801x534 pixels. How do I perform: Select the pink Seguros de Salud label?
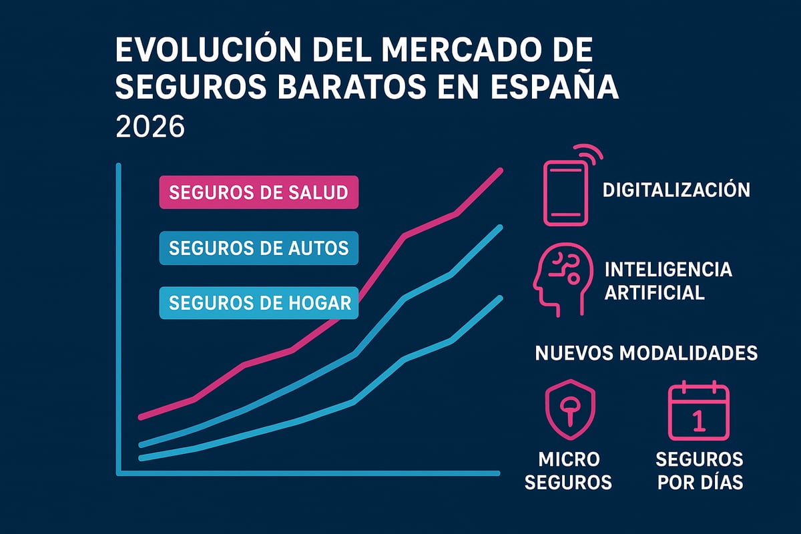(x=258, y=193)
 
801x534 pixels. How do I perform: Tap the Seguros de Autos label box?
(x=258, y=248)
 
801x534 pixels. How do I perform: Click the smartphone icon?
(x=567, y=192)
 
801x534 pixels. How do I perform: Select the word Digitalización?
(x=676, y=190)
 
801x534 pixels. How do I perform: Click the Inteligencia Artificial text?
(x=667, y=281)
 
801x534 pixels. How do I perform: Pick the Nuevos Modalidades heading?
(x=646, y=353)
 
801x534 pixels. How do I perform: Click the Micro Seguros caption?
(x=568, y=471)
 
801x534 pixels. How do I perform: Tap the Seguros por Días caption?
(x=700, y=471)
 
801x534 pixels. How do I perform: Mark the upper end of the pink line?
(x=501, y=170)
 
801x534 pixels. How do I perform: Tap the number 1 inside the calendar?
(x=698, y=420)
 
